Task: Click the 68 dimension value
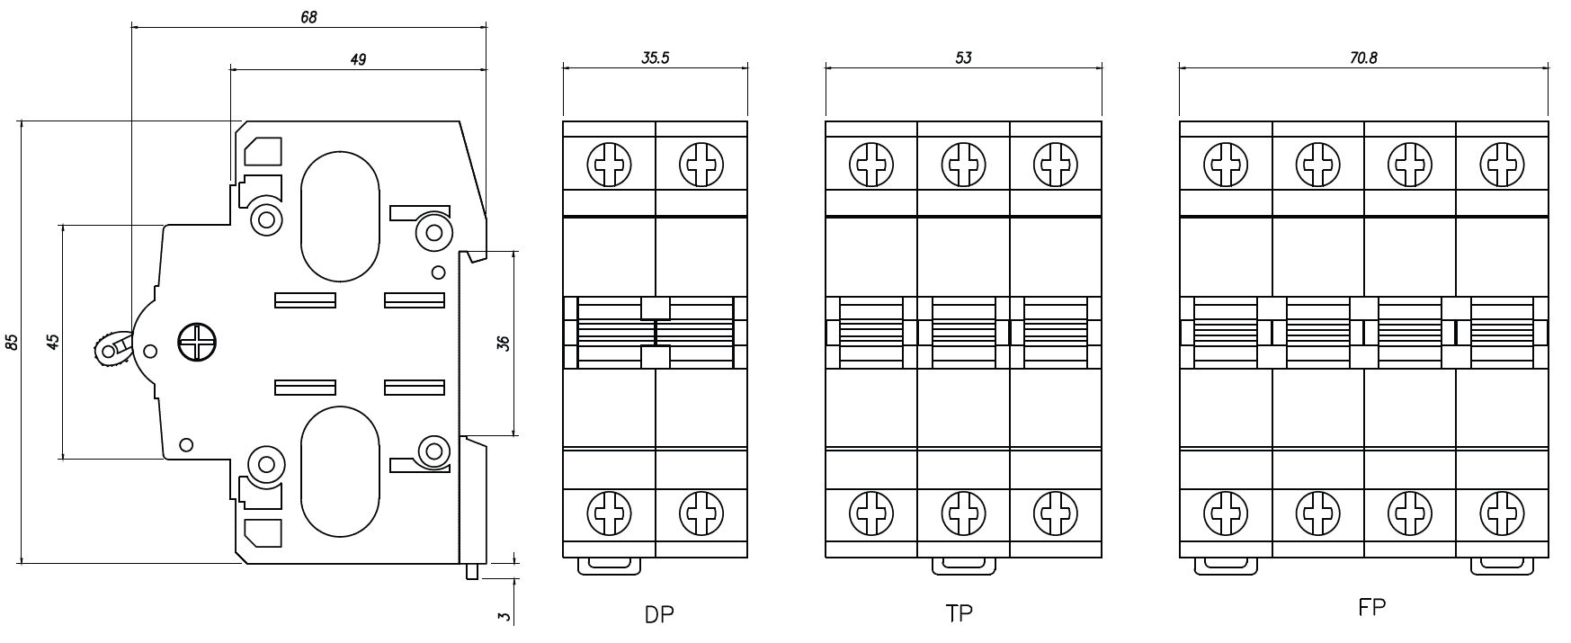(308, 16)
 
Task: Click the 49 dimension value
(358, 59)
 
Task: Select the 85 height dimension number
(11, 342)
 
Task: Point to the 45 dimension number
(53, 341)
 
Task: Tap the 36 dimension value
(504, 343)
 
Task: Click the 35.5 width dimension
(656, 58)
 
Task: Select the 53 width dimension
(963, 58)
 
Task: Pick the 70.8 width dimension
(1363, 58)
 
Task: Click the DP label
(658, 615)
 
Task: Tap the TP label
(960, 613)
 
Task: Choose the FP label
(1371, 608)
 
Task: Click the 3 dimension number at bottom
(504, 616)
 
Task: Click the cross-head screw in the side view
(195, 342)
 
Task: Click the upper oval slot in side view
(340, 216)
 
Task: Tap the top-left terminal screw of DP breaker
(609, 165)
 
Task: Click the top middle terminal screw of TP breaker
(963, 165)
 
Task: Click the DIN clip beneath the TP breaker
(963, 565)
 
